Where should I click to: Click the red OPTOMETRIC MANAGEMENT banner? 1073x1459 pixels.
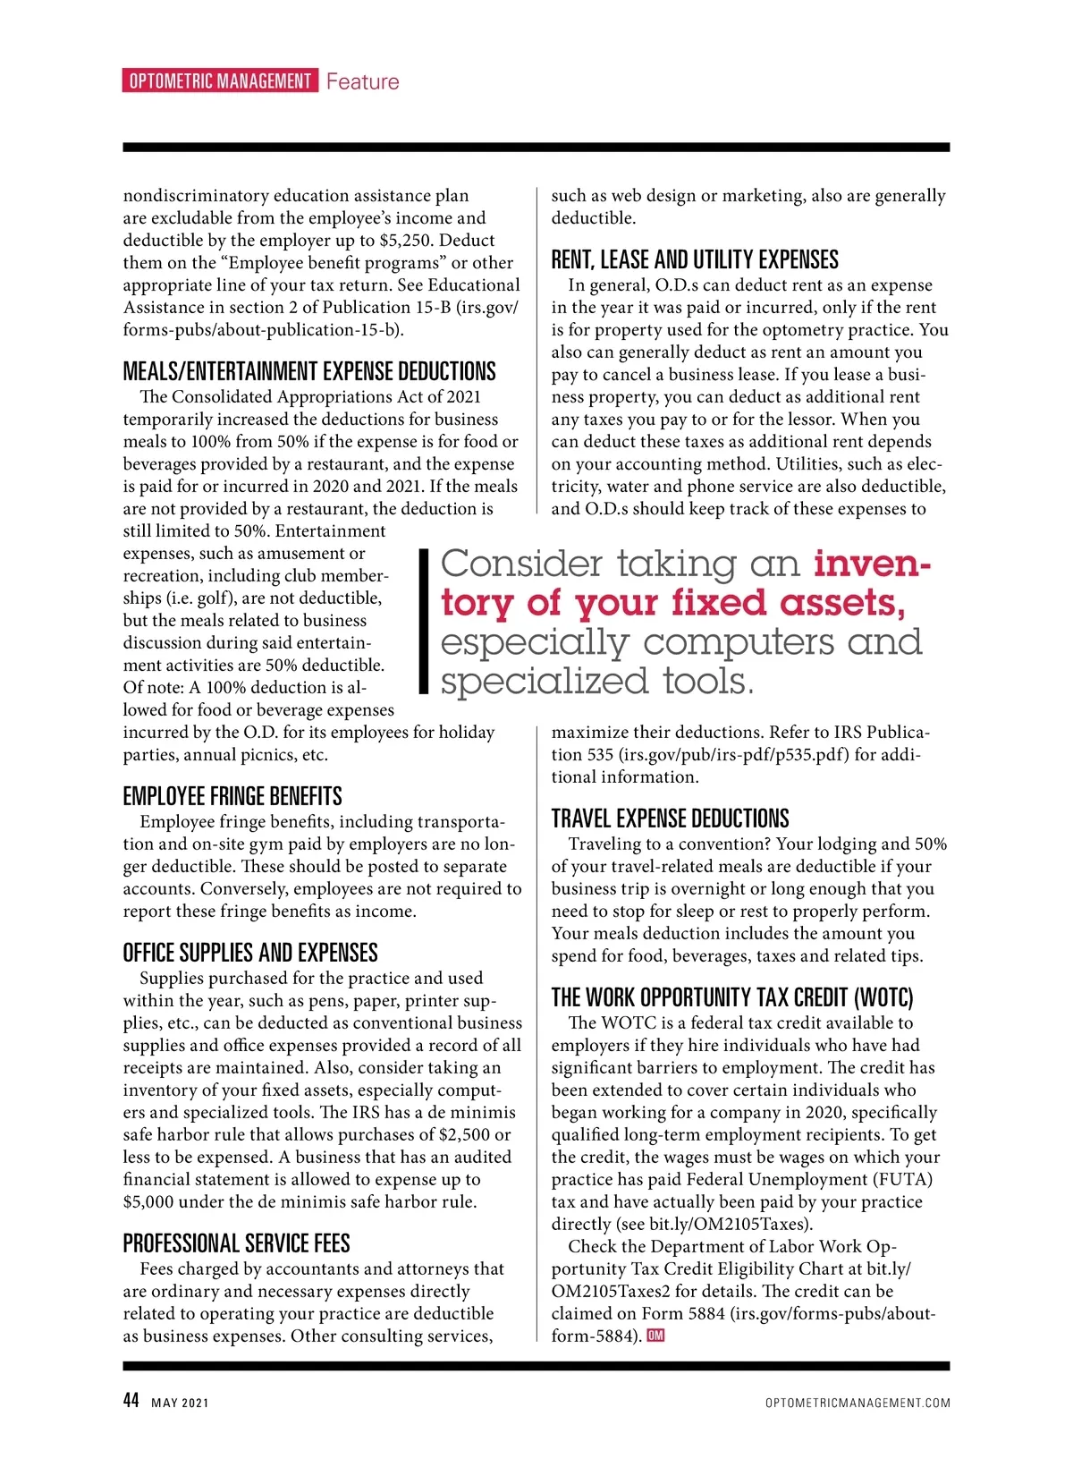[x=219, y=81]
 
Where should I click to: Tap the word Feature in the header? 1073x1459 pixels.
[x=362, y=82]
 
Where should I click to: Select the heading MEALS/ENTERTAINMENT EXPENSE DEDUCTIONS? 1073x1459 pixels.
[x=308, y=372]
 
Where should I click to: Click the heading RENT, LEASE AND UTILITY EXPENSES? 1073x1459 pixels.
[x=695, y=260]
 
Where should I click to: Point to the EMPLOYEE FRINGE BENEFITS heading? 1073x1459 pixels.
[x=232, y=797]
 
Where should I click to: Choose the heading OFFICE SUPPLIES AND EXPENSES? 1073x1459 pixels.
[x=250, y=954]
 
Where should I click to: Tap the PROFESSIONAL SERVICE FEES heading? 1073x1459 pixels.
[x=236, y=1244]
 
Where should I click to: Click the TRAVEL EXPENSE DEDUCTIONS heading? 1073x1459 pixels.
[x=670, y=819]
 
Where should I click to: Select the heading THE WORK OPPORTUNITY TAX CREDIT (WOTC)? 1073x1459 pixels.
[x=732, y=998]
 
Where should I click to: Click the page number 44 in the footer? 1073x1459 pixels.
[x=131, y=1401]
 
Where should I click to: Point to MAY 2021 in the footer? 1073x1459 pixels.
[x=180, y=1403]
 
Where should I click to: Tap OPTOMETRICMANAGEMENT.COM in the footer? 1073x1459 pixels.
[x=858, y=1403]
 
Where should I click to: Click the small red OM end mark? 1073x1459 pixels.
[x=655, y=1336]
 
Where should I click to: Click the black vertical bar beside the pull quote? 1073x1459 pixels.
[x=425, y=622]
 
